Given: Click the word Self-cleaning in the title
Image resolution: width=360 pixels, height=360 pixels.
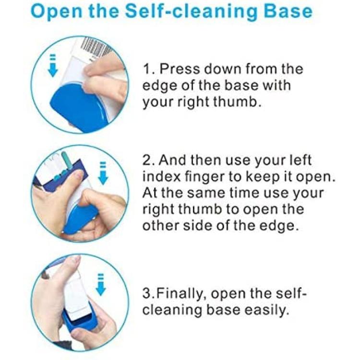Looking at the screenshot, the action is (191, 11).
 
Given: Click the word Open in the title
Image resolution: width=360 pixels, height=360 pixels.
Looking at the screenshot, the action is (56, 12).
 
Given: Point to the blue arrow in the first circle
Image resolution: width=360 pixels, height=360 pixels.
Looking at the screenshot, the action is (53, 65).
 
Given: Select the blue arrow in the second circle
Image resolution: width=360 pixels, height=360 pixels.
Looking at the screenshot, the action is (103, 173).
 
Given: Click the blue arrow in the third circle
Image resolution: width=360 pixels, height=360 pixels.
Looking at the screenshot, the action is (100, 284).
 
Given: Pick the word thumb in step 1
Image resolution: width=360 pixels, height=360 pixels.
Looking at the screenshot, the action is (237, 102).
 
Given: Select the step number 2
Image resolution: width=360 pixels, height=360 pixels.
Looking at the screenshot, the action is (148, 160).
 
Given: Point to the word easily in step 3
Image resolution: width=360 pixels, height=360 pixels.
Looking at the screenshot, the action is (266, 311).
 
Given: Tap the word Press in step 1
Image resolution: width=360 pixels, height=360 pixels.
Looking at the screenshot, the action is (180, 69).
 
